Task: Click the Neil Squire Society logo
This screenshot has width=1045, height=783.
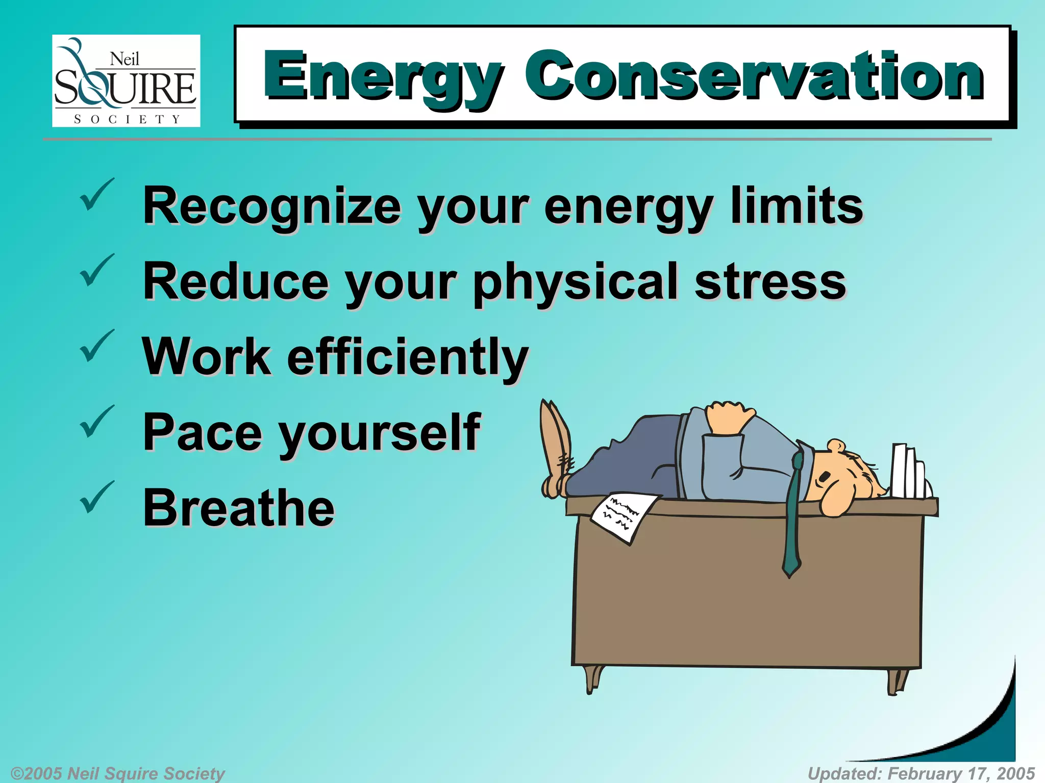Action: pos(126,81)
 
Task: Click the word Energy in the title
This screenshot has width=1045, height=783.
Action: pos(383,76)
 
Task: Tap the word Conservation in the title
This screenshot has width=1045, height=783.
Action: pos(754,76)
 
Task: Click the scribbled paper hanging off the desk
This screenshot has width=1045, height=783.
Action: pos(623,515)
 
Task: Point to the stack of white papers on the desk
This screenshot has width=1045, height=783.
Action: pos(908,472)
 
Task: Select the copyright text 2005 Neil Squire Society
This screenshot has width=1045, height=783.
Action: pos(118,773)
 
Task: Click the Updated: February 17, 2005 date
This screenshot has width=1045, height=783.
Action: pos(921,773)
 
